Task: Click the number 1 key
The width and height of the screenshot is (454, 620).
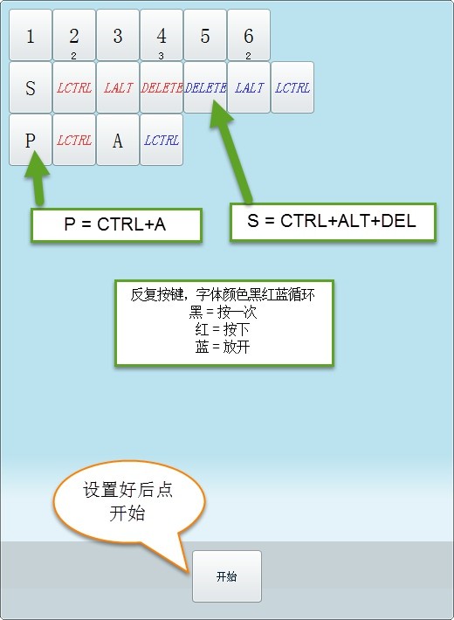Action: pyautogui.click(x=31, y=35)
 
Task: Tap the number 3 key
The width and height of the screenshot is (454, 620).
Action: pyautogui.click(x=118, y=35)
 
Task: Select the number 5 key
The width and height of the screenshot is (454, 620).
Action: pyautogui.click(x=205, y=35)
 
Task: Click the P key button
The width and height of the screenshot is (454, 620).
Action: pyautogui.click(x=31, y=140)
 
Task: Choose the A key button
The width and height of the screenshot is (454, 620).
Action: pyautogui.click(x=118, y=140)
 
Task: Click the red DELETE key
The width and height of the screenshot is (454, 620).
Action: pyautogui.click(x=162, y=87)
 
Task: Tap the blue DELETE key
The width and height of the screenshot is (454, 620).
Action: pyautogui.click(x=205, y=87)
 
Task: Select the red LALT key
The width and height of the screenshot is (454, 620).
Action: pyautogui.click(x=118, y=87)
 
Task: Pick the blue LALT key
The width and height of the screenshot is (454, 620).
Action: pyautogui.click(x=249, y=87)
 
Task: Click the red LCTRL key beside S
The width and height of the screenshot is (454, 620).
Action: pyautogui.click(x=74, y=87)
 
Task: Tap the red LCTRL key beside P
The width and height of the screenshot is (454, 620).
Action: pyautogui.click(x=74, y=140)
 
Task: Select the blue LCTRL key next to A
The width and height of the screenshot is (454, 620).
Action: pyautogui.click(x=162, y=140)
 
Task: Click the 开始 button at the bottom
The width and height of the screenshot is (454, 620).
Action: pyautogui.click(x=227, y=576)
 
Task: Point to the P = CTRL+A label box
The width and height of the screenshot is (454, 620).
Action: pyautogui.click(x=116, y=225)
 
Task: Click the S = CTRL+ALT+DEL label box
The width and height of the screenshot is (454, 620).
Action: pyautogui.click(x=333, y=222)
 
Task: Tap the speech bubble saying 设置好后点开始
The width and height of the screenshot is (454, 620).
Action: pyautogui.click(x=128, y=501)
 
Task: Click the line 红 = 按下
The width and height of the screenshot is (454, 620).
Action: pyautogui.click(x=223, y=329)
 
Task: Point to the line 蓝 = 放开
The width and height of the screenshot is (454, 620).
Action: pyautogui.click(x=223, y=347)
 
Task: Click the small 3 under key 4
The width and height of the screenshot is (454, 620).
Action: pyautogui.click(x=161, y=56)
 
